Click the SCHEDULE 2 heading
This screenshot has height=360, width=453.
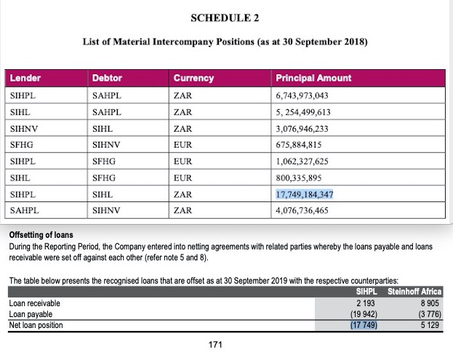pyautogui.click(x=226, y=16)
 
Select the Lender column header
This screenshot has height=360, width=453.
pyautogui.click(x=26, y=78)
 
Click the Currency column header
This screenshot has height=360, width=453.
pyautogui.click(x=193, y=78)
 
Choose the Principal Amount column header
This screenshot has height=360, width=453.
pyautogui.click(x=313, y=78)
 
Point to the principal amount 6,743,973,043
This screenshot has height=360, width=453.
pyautogui.click(x=302, y=95)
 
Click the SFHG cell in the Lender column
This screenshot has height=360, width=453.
pyautogui.click(x=23, y=145)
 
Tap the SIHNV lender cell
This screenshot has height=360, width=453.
pyautogui.click(x=25, y=128)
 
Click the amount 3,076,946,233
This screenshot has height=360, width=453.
pyautogui.click(x=302, y=128)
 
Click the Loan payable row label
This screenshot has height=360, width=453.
pyautogui.click(x=31, y=314)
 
